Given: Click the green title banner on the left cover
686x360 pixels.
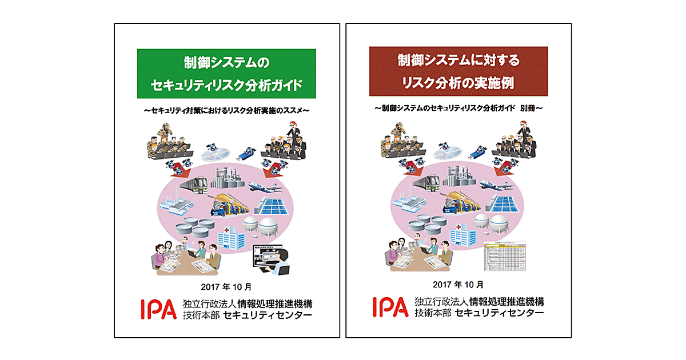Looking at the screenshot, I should [226, 73].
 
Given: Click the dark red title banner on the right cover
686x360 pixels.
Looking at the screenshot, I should [458, 71].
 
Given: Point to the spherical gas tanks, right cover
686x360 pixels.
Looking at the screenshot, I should [495, 226].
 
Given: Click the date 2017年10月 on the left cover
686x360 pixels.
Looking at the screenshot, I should [226, 285].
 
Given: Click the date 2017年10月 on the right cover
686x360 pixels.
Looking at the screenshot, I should [458, 284].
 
